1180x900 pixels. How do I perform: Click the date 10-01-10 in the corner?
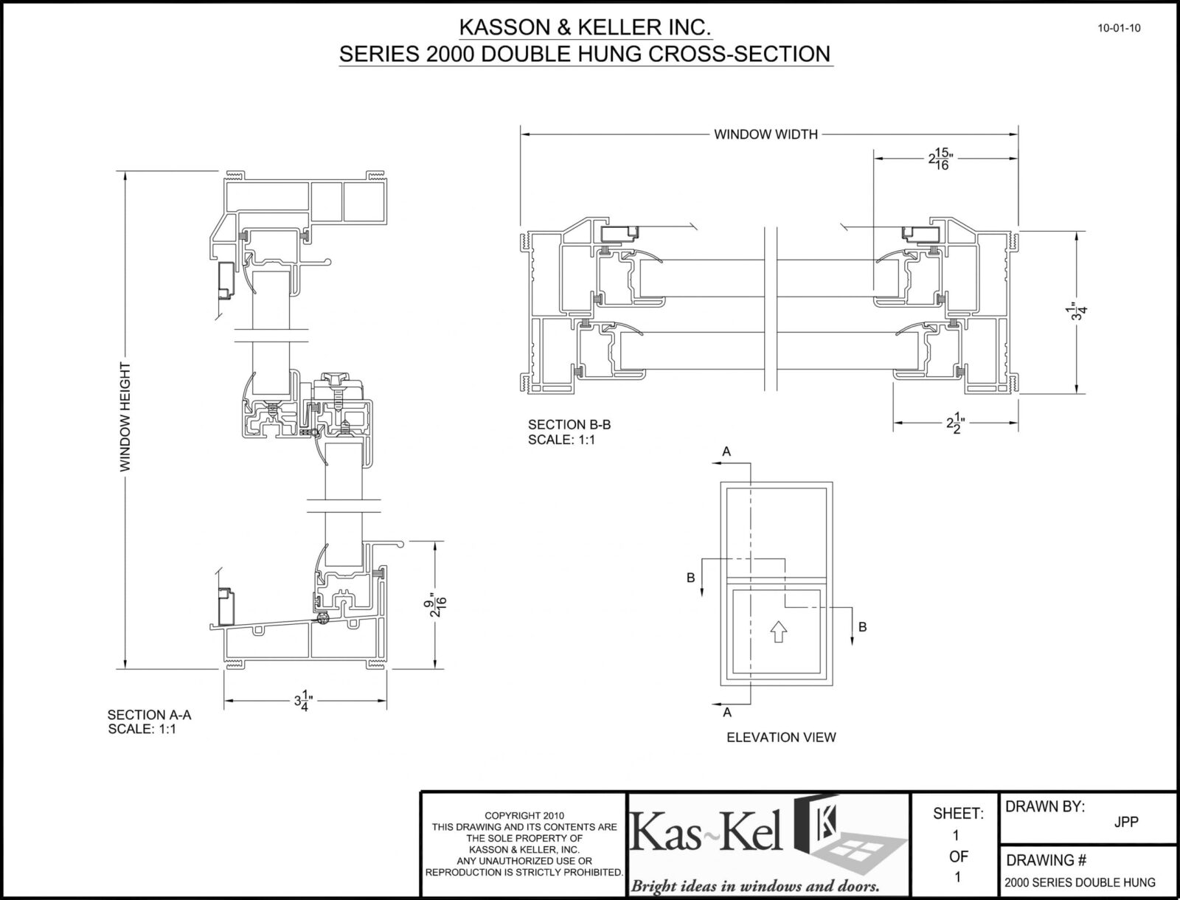tap(1119, 28)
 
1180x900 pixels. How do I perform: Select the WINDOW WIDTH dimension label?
tap(766, 134)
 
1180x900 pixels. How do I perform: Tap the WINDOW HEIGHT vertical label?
tap(125, 418)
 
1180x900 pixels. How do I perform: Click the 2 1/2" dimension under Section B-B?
tap(955, 423)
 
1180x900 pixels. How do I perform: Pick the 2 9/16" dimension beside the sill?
tap(435, 605)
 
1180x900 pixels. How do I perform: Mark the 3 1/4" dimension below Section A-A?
tap(303, 701)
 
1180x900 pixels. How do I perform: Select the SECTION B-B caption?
tap(569, 425)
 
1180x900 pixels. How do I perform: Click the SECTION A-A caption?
tap(149, 715)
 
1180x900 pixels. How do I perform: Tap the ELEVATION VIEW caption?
tap(781, 737)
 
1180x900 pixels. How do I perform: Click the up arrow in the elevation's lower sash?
tap(778, 631)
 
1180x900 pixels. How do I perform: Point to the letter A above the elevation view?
tap(726, 451)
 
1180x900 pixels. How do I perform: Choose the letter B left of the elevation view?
tap(691, 578)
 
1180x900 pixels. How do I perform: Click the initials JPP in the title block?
tap(1126, 822)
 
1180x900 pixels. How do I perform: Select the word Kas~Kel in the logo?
tap(706, 831)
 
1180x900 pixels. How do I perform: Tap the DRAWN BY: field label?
tap(1044, 806)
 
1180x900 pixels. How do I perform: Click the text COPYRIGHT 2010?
tap(524, 816)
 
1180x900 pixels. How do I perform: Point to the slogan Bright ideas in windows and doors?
tap(754, 885)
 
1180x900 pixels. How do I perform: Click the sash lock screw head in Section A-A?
tap(337, 381)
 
